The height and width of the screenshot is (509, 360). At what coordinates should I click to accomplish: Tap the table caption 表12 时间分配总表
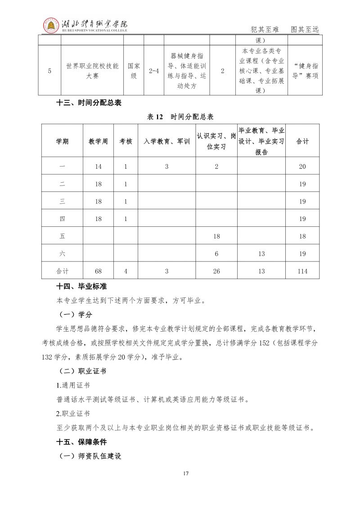[x=180, y=117]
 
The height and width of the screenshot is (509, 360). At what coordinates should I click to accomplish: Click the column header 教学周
[x=98, y=141]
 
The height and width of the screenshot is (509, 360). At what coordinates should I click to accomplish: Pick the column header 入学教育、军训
[x=166, y=141]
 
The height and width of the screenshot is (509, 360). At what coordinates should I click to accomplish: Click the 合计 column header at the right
[x=302, y=141]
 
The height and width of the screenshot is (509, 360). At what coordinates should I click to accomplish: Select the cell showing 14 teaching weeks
[x=98, y=167]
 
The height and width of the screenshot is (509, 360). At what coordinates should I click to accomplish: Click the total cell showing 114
[x=302, y=271]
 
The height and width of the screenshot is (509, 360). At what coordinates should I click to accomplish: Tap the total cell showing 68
[x=98, y=271]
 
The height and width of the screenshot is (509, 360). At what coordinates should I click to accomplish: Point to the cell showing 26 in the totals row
[x=216, y=271]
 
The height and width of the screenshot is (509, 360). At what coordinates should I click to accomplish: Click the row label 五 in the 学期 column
[x=62, y=236]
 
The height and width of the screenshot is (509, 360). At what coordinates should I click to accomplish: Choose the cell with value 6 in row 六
[x=216, y=254]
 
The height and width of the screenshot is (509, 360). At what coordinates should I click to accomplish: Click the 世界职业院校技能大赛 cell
[x=92, y=70]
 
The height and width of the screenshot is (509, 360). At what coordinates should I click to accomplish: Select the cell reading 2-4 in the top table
[x=154, y=71]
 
